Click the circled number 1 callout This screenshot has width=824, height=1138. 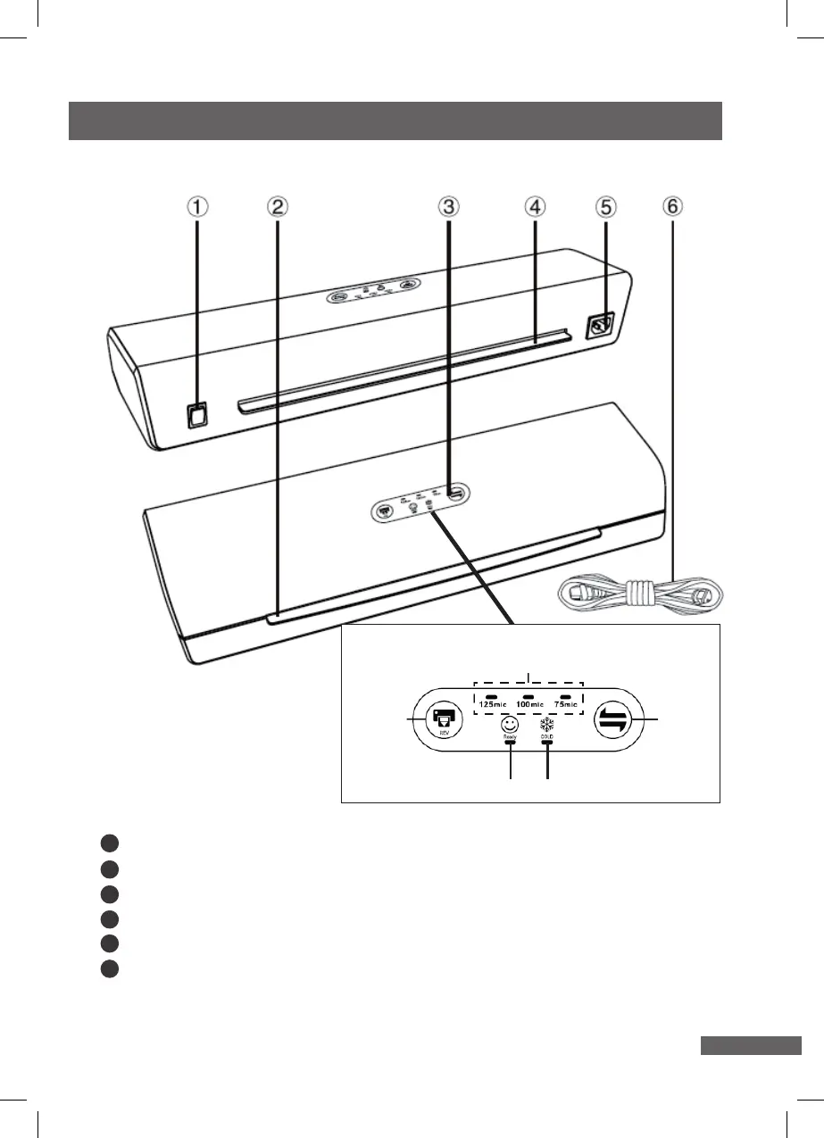197,207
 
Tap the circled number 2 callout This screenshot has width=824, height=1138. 278,207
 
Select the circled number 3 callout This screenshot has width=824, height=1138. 448,207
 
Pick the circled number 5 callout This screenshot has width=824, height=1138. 605,207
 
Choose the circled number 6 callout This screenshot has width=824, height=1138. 672,206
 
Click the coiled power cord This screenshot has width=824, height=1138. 639,592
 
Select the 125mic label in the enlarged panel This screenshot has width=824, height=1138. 492,705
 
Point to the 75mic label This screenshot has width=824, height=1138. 565,705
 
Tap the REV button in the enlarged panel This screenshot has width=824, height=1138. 444,720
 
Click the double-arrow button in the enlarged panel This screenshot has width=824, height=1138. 616,721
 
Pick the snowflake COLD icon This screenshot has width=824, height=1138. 547,725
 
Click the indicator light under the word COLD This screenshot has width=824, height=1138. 547,742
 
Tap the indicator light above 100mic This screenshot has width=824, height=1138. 529,694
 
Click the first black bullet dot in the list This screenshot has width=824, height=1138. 108,842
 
